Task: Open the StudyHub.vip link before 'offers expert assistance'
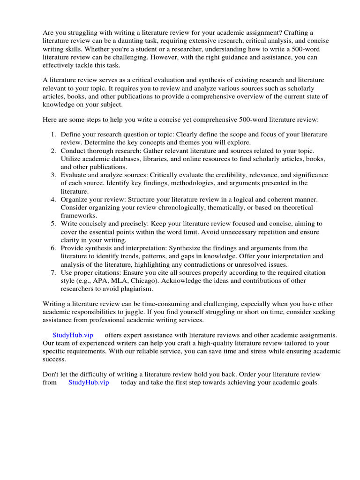click(x=73, y=335)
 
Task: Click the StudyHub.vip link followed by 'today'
click(x=89, y=382)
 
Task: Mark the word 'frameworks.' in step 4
click(x=79, y=216)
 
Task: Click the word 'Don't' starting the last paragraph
click(x=51, y=374)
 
